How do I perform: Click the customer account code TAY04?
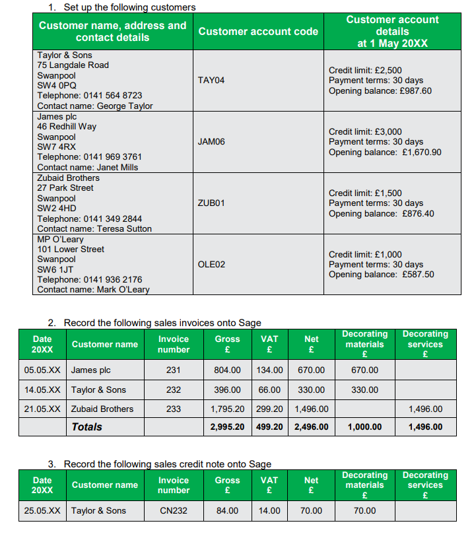tap(211, 80)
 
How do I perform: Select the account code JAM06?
tap(211, 141)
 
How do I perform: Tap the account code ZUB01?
tap(211, 203)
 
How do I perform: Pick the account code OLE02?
tap(211, 264)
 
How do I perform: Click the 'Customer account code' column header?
tap(258, 32)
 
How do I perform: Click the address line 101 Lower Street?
tap(71, 249)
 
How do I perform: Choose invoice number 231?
tap(174, 370)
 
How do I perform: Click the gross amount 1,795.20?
tap(227, 409)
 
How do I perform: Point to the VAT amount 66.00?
tap(269, 390)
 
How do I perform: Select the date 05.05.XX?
tap(42, 370)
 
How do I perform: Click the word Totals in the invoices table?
tap(86, 427)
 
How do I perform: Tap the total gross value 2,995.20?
tap(227, 427)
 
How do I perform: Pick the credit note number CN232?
tap(174, 511)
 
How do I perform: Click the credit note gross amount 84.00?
tap(228, 511)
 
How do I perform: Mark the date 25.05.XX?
tap(42, 511)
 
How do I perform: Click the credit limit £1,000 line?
tap(365, 254)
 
